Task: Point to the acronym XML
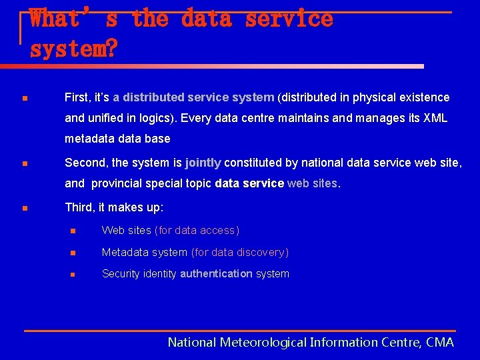click(435, 118)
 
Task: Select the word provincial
click(118, 183)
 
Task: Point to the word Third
click(79, 207)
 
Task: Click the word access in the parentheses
click(218, 231)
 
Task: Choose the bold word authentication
click(216, 273)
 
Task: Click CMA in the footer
click(440, 343)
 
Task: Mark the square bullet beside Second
click(23, 164)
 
